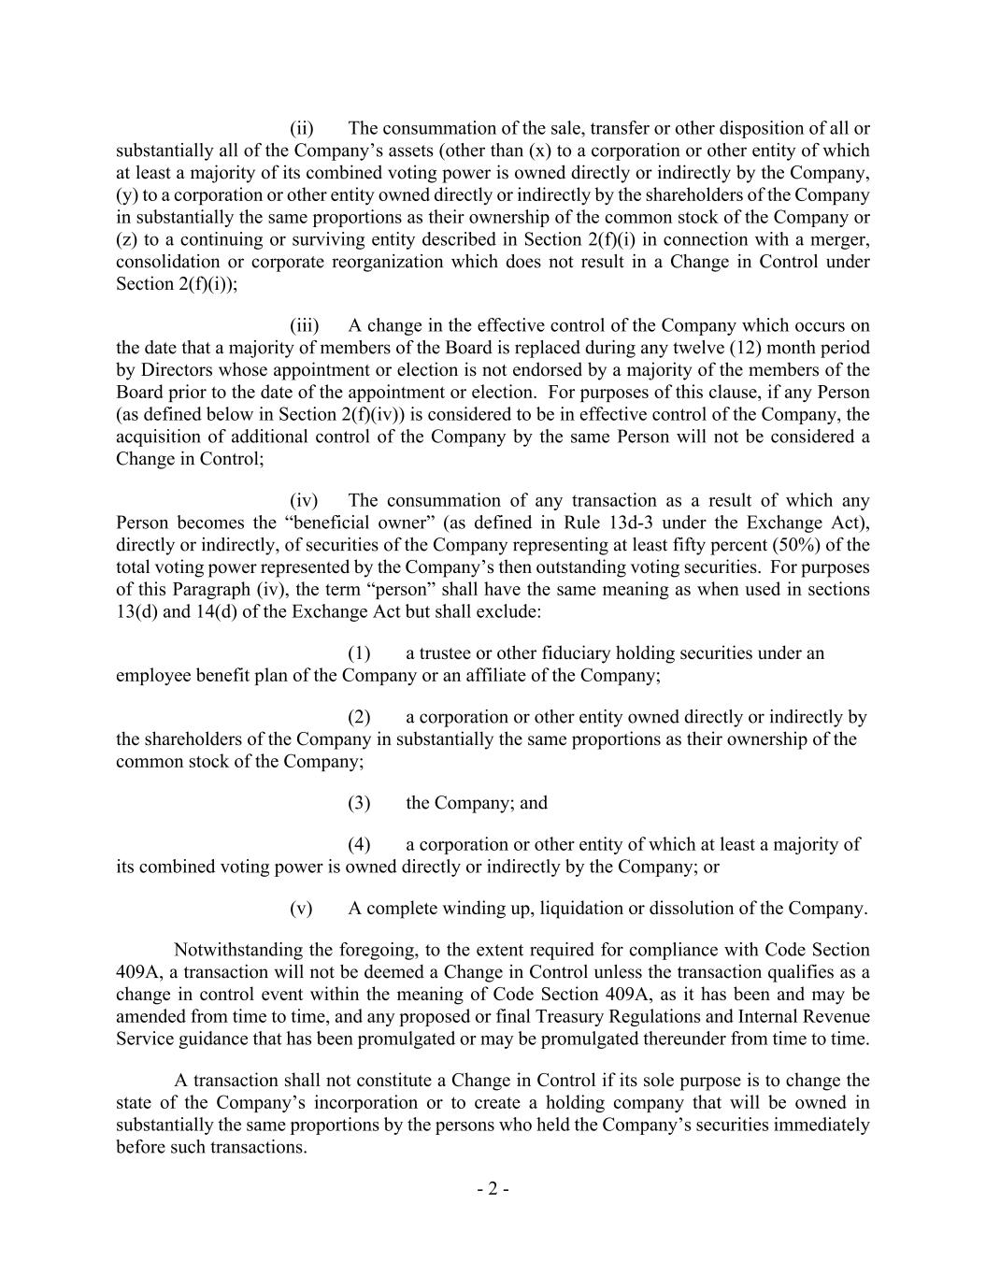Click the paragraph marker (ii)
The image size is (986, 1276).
301,128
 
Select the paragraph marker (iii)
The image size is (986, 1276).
304,325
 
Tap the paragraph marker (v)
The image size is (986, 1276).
301,908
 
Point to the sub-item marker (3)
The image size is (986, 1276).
360,803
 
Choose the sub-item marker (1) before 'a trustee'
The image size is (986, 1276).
360,652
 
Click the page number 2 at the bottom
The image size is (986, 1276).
493,1189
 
